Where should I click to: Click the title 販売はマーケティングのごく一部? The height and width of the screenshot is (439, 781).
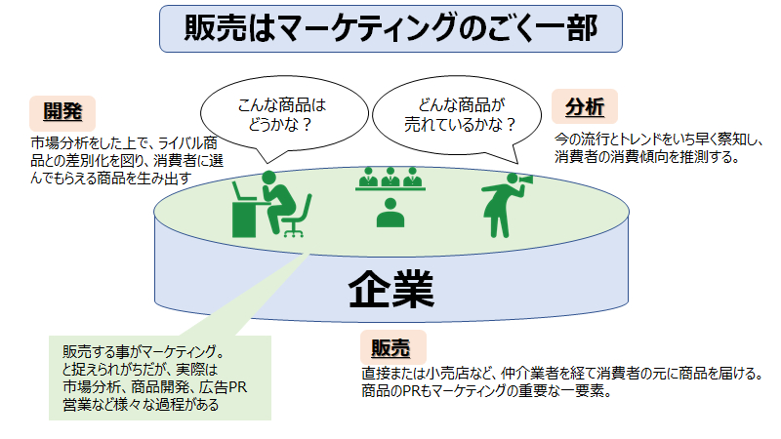pos(390,28)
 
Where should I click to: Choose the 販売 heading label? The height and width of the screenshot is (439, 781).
pos(392,347)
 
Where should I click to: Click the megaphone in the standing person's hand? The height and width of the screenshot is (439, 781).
pos(521,182)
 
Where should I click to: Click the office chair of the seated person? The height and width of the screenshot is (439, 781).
pos(294,218)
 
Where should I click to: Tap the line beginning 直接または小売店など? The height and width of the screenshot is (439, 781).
pos(561,374)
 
